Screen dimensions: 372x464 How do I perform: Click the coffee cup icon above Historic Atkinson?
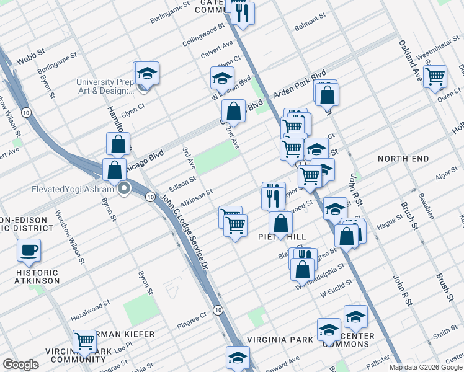click(29, 250)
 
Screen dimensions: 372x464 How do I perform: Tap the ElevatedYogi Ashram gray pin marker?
click(124, 189)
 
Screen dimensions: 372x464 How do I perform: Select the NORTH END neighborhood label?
click(403, 159)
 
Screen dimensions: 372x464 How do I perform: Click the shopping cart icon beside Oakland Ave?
click(435, 76)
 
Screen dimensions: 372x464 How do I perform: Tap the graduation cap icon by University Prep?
click(148, 73)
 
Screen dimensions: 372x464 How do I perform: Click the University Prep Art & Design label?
click(104, 86)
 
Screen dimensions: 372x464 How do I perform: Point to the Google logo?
click(20, 364)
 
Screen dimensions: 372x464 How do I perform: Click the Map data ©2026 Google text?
click(426, 367)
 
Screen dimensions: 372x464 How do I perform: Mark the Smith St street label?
click(445, 334)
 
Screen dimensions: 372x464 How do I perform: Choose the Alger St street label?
click(446, 177)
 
